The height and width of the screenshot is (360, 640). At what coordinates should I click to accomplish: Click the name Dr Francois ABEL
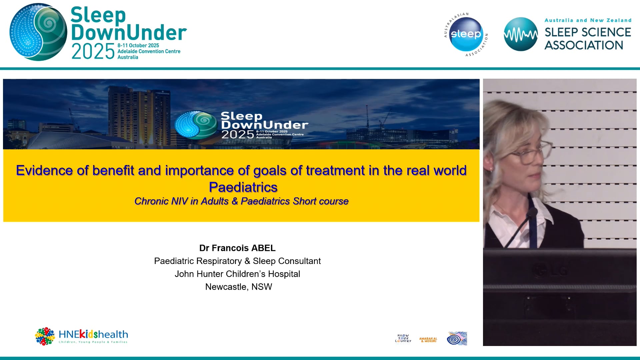pos(237,248)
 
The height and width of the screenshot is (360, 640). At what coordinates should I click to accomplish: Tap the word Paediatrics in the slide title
pos(243,187)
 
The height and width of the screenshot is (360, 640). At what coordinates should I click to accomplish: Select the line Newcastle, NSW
pos(238,287)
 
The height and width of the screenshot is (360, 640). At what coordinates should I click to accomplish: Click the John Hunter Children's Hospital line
pos(237,274)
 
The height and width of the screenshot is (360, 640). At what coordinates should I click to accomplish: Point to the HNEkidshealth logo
pos(82,336)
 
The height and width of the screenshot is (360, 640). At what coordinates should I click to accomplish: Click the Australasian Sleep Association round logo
pos(466,34)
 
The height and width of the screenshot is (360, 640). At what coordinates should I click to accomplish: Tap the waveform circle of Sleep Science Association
pos(520,34)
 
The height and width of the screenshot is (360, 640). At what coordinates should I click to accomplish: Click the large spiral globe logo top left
pos(38,32)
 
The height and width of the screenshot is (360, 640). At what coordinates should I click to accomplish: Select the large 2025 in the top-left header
pos(93,52)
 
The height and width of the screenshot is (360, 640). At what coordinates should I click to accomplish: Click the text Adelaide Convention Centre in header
pos(149,51)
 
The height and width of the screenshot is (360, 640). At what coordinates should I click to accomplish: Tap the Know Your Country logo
pos(403,338)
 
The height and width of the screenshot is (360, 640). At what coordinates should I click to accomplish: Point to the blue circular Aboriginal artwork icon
pos(457,339)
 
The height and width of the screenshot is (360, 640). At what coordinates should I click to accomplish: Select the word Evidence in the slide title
pos(44,171)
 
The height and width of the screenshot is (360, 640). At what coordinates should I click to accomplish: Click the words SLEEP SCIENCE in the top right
pos(587,32)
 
